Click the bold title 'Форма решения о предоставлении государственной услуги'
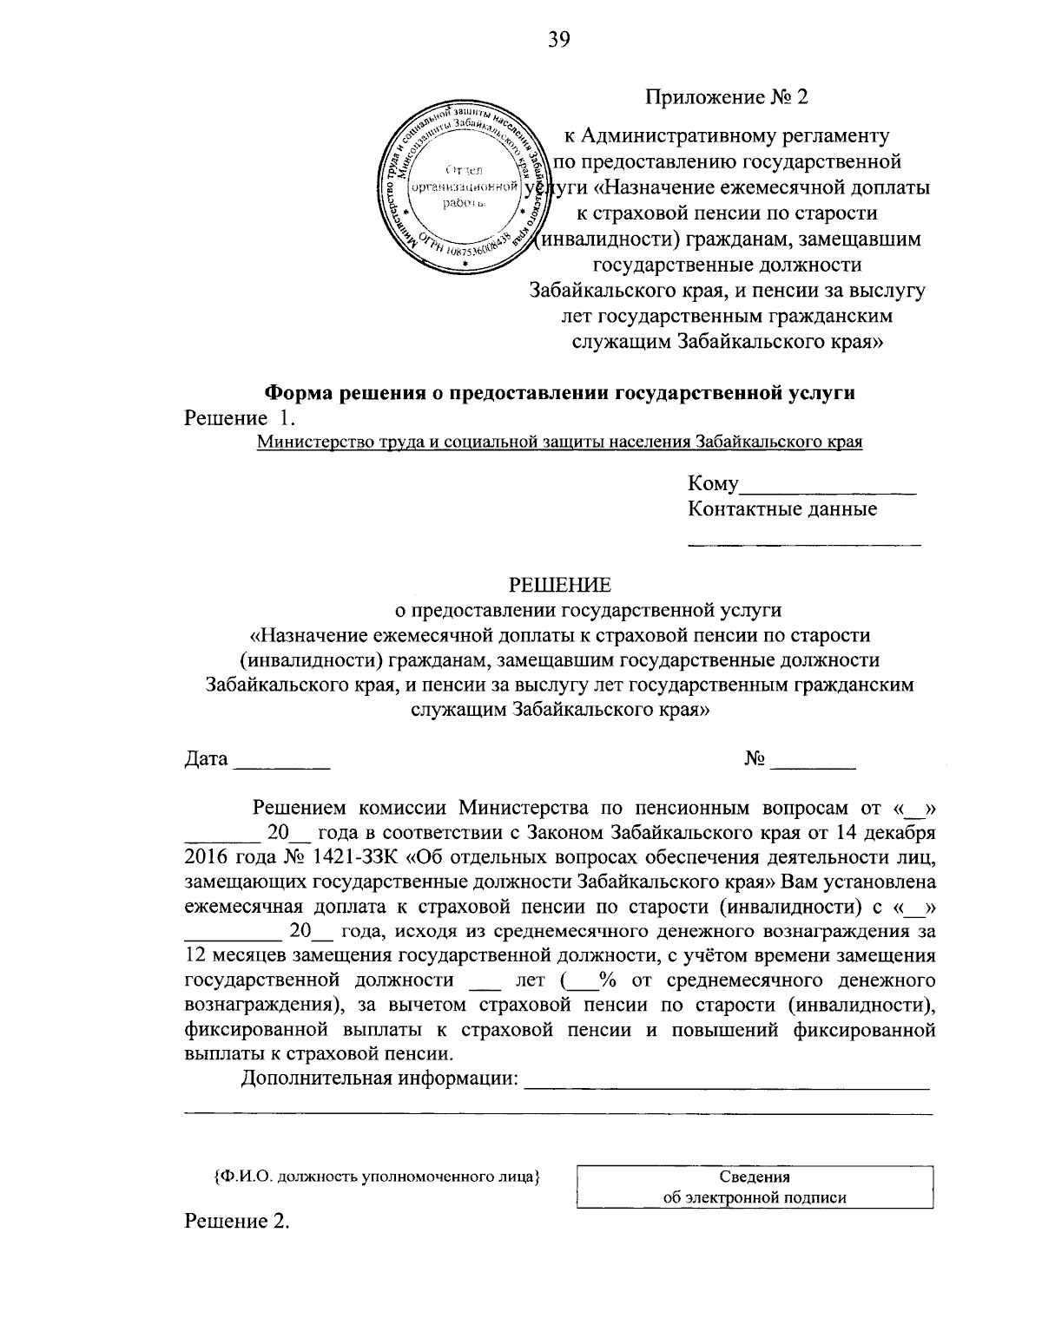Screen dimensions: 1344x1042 (x=560, y=392)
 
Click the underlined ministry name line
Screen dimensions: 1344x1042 (x=560, y=442)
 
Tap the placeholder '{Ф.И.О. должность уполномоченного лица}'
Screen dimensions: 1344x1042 (x=377, y=1177)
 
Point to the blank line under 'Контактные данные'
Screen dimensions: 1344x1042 (x=804, y=544)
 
